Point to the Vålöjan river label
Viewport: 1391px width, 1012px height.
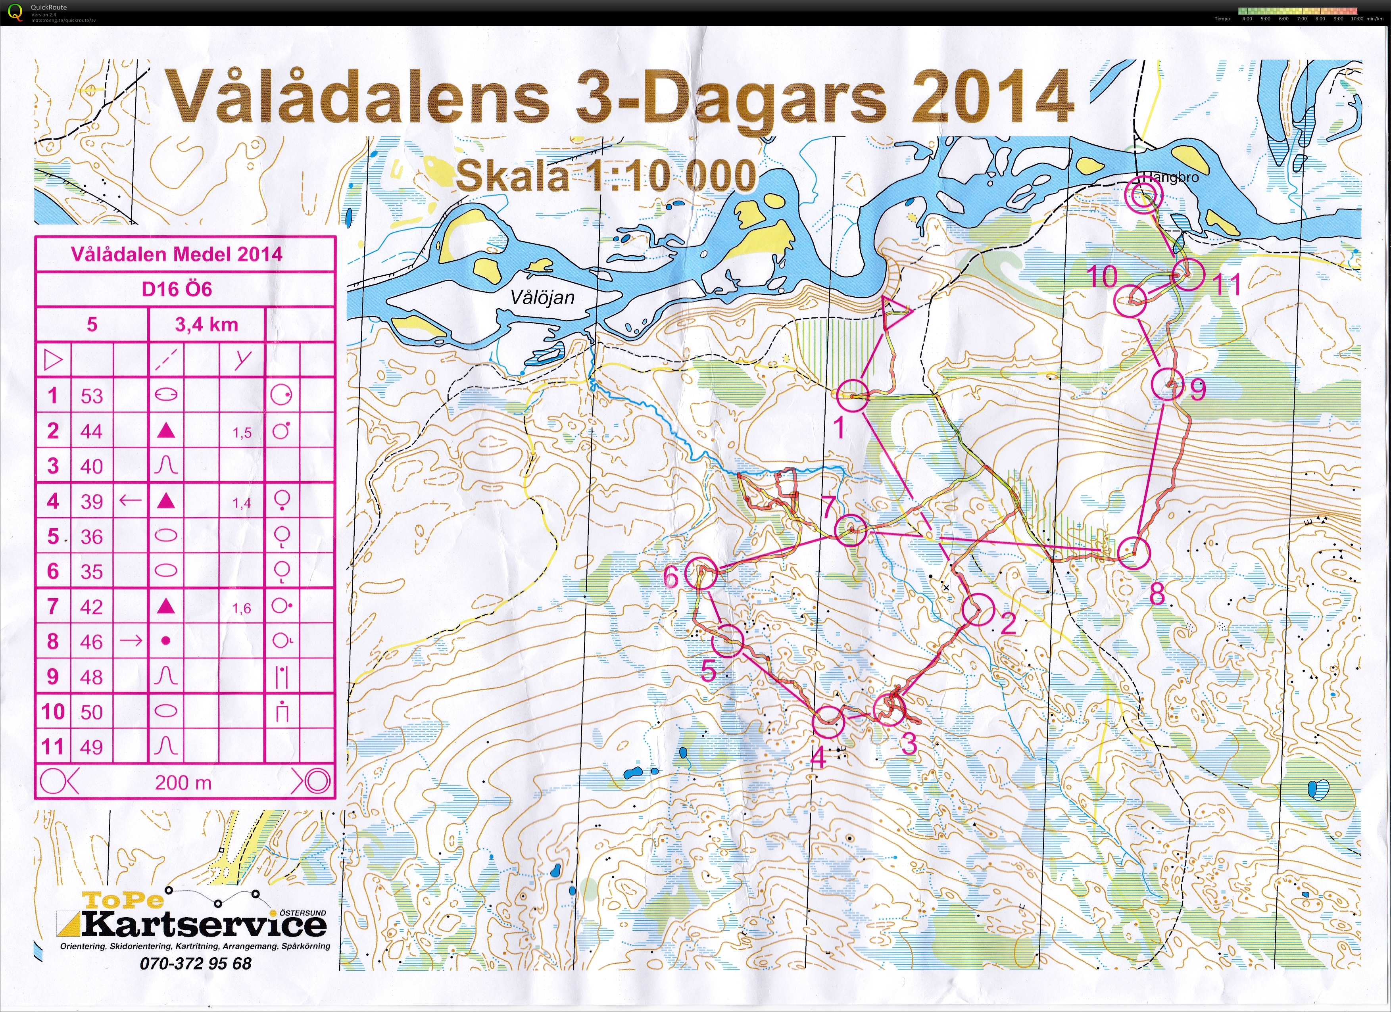(543, 298)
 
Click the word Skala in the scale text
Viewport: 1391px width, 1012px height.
(513, 177)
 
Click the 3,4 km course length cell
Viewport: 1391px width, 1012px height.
(207, 325)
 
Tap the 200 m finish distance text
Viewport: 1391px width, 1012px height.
(183, 783)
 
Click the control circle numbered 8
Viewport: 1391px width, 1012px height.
(1134, 553)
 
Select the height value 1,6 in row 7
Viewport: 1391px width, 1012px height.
(242, 608)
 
